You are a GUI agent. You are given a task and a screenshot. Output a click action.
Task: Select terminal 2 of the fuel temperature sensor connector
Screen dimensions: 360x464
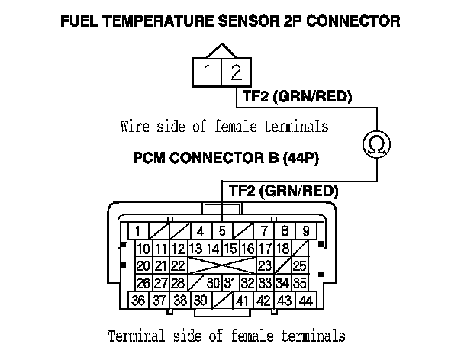coord(236,74)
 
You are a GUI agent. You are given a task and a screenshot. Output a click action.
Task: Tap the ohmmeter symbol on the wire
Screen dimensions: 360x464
coord(375,143)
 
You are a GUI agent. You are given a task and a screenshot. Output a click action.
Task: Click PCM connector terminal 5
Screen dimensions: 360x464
coord(221,230)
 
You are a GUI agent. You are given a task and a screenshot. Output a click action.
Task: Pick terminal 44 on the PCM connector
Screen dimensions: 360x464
coord(305,301)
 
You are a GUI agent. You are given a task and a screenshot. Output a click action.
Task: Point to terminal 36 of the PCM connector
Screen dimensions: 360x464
coord(139,301)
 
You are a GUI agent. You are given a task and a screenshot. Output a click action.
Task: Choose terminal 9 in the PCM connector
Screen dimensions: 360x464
coord(304,230)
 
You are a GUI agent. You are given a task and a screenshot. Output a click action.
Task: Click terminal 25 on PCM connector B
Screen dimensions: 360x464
coord(299,266)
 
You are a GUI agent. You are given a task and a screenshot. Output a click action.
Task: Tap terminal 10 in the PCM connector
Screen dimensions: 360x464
coord(143,249)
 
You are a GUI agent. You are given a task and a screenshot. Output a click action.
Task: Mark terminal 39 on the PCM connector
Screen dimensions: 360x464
coord(201,301)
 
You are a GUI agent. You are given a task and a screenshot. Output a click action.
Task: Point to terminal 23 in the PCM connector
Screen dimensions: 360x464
coord(265,266)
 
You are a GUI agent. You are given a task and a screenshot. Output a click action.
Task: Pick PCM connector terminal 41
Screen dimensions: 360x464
coord(243,301)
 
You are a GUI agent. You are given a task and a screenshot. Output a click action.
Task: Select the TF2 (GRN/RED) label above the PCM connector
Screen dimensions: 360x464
coord(279,191)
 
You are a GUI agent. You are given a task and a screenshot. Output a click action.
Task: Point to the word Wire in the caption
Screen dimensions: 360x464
coord(134,126)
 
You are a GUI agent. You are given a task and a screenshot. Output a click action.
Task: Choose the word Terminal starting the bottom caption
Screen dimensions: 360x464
coord(136,336)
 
